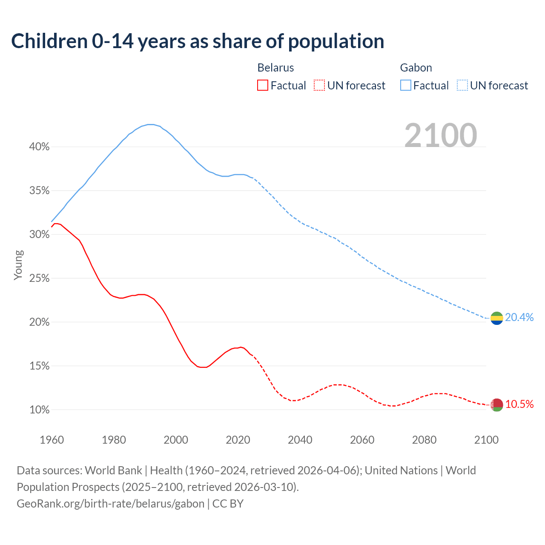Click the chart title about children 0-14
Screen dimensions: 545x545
(198, 41)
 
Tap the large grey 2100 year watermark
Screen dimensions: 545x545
(441, 135)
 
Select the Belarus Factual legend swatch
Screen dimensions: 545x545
(263, 86)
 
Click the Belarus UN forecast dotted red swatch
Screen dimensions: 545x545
(319, 86)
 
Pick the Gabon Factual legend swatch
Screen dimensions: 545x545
(406, 86)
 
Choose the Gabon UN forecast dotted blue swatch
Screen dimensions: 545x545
(462, 86)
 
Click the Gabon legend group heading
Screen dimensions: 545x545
(416, 68)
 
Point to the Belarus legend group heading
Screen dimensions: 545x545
(275, 68)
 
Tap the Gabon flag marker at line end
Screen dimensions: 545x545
(497, 318)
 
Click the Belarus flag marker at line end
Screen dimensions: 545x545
(497, 404)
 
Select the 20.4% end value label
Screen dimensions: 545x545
(519, 317)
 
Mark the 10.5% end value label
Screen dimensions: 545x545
(519, 404)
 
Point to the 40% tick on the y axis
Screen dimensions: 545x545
(39, 147)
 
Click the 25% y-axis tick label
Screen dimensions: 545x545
(39, 278)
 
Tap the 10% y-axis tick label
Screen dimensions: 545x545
(39, 410)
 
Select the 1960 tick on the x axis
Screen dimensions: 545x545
(52, 440)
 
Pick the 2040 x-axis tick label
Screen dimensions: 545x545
(300, 440)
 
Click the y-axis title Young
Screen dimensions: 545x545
(18, 265)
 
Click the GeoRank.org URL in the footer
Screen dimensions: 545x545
(111, 504)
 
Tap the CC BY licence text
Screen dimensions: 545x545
(228, 504)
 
